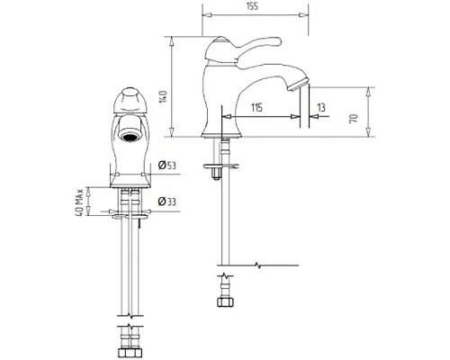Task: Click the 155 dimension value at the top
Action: (x=253, y=6)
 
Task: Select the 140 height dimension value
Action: (x=163, y=96)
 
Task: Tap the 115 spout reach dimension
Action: (x=256, y=107)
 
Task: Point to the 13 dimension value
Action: (x=321, y=107)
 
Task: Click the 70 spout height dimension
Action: (x=354, y=118)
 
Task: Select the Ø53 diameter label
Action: (x=167, y=166)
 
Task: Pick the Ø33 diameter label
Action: (x=167, y=202)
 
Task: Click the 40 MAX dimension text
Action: (x=79, y=202)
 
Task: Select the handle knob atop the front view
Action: (x=130, y=101)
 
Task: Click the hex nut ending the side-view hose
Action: (x=225, y=302)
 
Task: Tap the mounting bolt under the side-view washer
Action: (x=216, y=175)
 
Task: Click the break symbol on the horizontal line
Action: (x=257, y=265)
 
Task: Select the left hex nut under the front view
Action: (x=122, y=353)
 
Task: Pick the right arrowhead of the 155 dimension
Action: (x=304, y=15)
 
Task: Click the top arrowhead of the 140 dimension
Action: (x=172, y=41)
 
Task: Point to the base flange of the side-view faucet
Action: (x=221, y=136)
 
